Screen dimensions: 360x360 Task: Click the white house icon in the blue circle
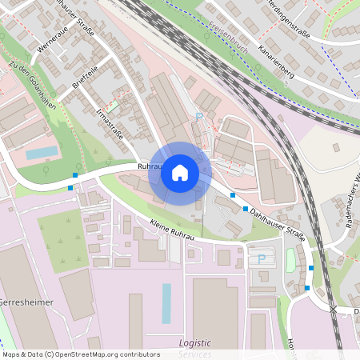(x=180, y=173)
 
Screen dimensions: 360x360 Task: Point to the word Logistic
(x=194, y=343)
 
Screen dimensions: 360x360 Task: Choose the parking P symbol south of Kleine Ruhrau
(x=261, y=258)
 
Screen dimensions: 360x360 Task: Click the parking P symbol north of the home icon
(x=198, y=117)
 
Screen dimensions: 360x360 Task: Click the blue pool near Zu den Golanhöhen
(x=42, y=152)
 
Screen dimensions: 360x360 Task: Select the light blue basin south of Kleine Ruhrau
(x=166, y=303)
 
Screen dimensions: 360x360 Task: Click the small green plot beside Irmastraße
(x=113, y=105)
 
